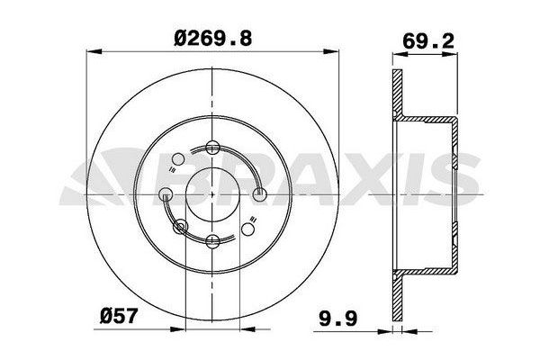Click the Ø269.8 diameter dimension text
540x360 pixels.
coord(212,38)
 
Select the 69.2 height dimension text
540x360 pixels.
coord(428,41)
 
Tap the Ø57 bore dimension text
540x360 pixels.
coord(119,315)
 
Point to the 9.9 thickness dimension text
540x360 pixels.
coord(337,319)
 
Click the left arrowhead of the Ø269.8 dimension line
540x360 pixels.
coord(94,51)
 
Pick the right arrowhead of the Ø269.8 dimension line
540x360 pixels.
coord(330,51)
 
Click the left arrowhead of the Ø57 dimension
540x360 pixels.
coord(177,329)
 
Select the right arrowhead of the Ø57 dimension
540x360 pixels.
coord(247,329)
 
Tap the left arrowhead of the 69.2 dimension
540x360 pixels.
coord(400,54)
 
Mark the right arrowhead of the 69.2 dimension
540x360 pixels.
coord(450,54)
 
